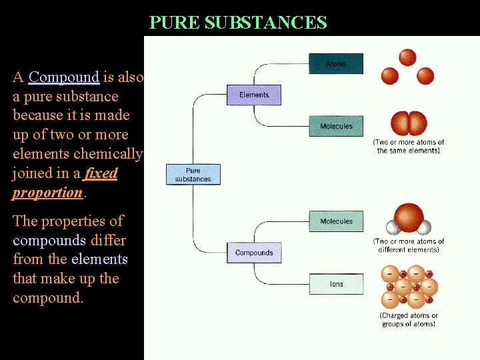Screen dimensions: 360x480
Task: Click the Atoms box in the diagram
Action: click(336, 64)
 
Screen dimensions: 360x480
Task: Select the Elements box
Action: click(254, 95)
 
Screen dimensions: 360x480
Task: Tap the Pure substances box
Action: click(193, 175)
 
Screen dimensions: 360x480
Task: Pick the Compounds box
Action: click(254, 253)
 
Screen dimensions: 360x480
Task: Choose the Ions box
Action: click(336, 284)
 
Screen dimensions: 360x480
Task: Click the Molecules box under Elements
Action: click(336, 126)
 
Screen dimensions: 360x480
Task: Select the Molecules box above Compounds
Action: click(336, 221)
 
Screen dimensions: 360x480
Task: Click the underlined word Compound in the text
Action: click(64, 77)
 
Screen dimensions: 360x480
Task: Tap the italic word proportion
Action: click(47, 193)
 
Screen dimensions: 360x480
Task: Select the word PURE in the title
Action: click(175, 23)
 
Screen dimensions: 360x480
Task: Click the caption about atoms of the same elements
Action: click(409, 146)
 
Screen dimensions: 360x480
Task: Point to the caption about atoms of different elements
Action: click(409, 245)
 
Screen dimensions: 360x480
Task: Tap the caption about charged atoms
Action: click(409, 320)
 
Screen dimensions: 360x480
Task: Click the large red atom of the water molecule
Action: click(409, 218)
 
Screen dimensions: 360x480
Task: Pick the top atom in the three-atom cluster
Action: click(407, 57)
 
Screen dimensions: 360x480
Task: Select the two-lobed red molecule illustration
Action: click(408, 123)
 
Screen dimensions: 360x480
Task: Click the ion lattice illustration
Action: click(408, 287)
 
